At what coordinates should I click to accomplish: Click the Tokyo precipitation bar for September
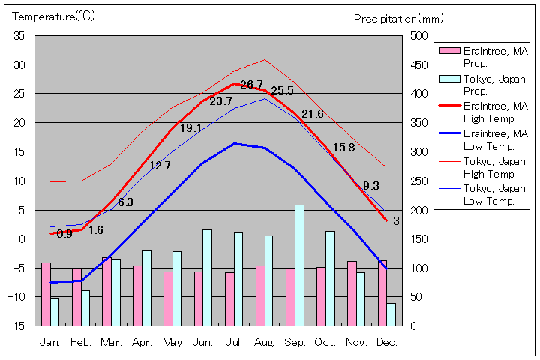coord(299,265)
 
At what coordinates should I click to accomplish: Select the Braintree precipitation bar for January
coord(46,293)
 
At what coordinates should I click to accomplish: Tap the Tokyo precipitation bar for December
coord(391,313)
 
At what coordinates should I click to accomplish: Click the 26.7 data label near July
coord(251,85)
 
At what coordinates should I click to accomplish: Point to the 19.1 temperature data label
coord(190,128)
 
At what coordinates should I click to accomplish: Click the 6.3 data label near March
coord(125,202)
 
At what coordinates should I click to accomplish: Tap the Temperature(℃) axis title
coord(55,16)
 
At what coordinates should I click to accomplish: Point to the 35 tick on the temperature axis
coord(19,36)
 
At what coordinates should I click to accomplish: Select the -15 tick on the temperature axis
coord(17,325)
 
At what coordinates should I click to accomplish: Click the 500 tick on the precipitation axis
coord(418,36)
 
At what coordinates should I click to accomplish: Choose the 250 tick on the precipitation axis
coord(418,181)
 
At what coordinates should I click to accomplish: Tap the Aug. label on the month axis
coord(264,341)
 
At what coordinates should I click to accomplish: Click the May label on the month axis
coord(172,341)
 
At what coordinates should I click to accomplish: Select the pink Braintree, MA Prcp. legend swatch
coord(448,52)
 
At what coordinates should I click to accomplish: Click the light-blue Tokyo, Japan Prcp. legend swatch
coord(448,79)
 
